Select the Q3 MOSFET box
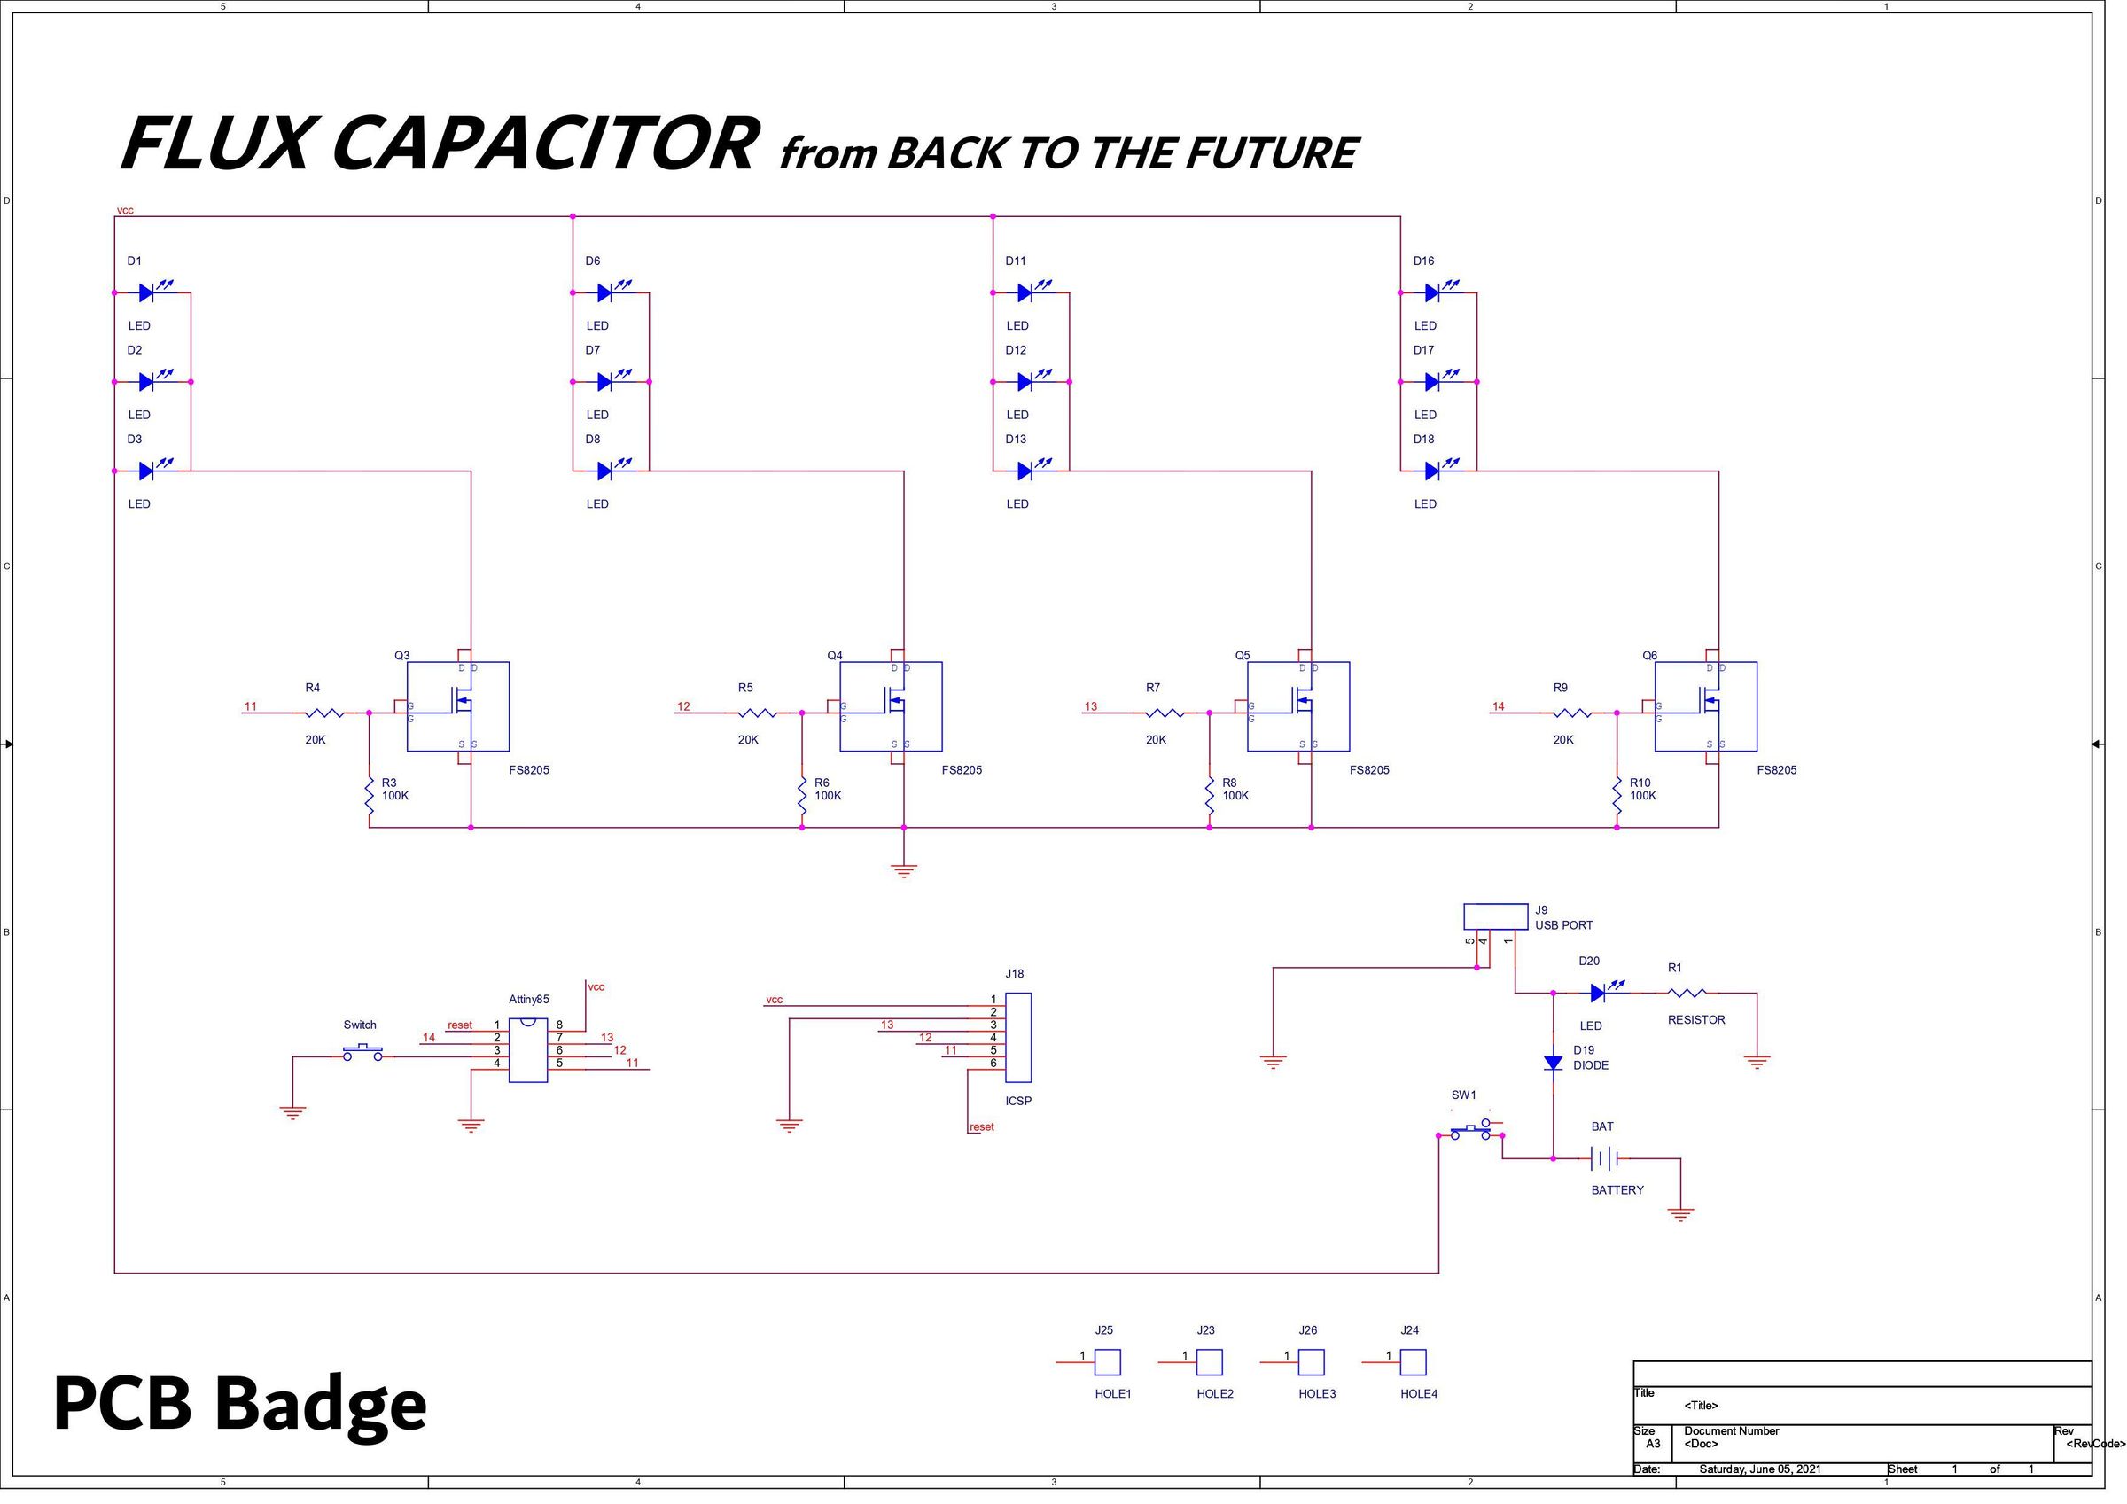(x=457, y=706)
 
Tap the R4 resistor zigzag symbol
(x=323, y=713)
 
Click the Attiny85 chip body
(x=528, y=1050)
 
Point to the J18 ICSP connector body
(x=1018, y=1037)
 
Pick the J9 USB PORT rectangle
(x=1495, y=916)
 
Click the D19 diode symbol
(x=1554, y=1063)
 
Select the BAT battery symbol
(x=1604, y=1158)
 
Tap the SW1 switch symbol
(x=1470, y=1132)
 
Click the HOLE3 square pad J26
(x=1311, y=1362)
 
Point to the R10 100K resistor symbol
(x=1617, y=796)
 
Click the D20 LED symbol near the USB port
(x=1598, y=994)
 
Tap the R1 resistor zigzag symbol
(x=1687, y=994)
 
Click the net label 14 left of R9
(x=1498, y=706)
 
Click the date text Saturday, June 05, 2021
(x=1759, y=1469)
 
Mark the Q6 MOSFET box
(x=1705, y=706)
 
